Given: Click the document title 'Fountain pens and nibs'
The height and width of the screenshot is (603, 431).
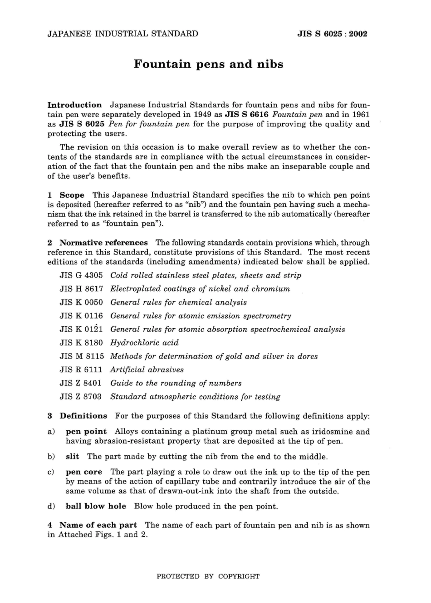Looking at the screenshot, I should point(208,64).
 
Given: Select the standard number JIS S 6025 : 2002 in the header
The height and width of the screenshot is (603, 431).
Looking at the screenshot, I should point(332,34).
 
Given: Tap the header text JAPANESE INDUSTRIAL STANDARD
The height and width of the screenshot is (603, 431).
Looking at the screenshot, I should point(122,34).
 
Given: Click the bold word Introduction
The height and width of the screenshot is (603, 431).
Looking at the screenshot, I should point(75,105).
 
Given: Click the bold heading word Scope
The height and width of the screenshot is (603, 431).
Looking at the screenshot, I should point(72,195).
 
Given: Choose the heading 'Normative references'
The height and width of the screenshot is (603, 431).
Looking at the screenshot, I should point(103,243).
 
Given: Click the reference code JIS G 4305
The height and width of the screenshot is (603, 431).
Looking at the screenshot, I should point(81,275).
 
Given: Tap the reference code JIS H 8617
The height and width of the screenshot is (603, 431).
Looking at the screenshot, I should point(81,289).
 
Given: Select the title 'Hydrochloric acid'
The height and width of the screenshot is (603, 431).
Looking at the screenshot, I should point(144,343).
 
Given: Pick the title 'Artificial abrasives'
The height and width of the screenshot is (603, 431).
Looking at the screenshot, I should point(147,370).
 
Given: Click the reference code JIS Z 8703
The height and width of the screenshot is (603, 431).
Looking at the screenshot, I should point(81,397).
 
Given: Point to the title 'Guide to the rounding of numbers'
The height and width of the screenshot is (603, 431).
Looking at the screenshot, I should point(176,383).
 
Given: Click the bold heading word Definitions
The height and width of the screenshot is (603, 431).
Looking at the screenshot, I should point(83,416).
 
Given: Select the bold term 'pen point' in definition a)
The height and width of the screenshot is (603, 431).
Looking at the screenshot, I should point(86,432).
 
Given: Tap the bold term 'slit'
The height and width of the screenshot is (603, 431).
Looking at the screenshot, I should point(72,457).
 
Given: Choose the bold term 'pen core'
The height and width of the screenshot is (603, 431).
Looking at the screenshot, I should point(84,472).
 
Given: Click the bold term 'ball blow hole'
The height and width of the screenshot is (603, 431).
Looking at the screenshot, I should point(96,506).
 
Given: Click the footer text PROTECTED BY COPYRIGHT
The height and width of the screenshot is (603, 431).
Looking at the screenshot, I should point(208,576).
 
